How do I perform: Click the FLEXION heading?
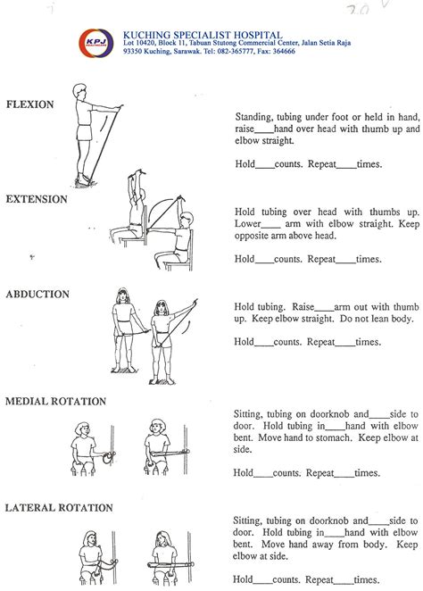pyautogui.click(x=31, y=104)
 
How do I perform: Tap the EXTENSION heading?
pyautogui.click(x=37, y=199)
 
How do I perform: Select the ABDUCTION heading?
pyautogui.click(x=37, y=294)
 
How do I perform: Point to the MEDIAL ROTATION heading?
pyautogui.click(x=55, y=402)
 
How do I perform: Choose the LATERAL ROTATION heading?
pyautogui.click(x=59, y=508)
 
